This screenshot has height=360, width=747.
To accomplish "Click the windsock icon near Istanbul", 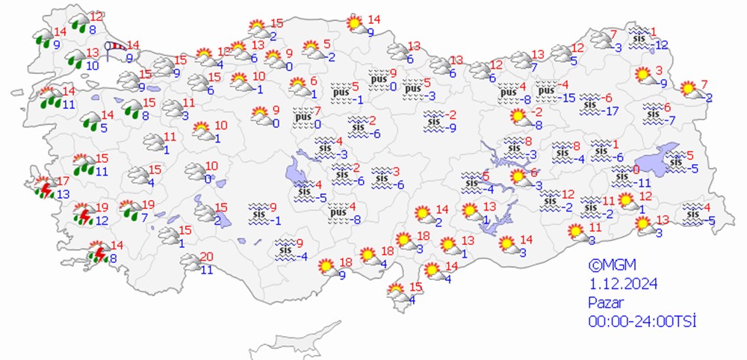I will tap(115, 49).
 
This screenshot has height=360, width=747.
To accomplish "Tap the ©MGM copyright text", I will tap(607, 265).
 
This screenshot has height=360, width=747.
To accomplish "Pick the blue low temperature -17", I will tap(613, 111).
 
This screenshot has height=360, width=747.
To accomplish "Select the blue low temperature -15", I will tap(568, 98).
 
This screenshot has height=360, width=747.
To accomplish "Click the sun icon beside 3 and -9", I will tap(642, 75).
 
